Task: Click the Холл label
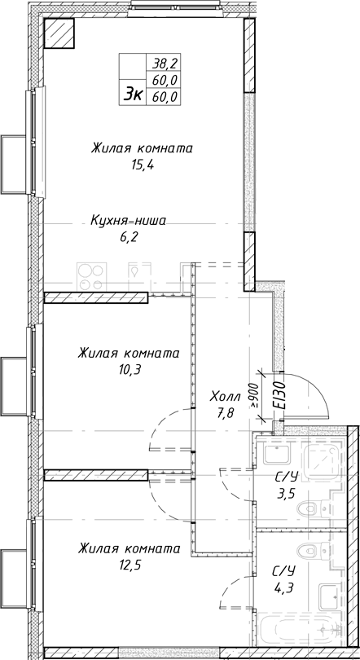click(225, 396)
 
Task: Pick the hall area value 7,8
click(225, 411)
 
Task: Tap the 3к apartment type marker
click(133, 95)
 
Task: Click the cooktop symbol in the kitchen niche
click(90, 275)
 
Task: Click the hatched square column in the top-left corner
click(59, 33)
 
